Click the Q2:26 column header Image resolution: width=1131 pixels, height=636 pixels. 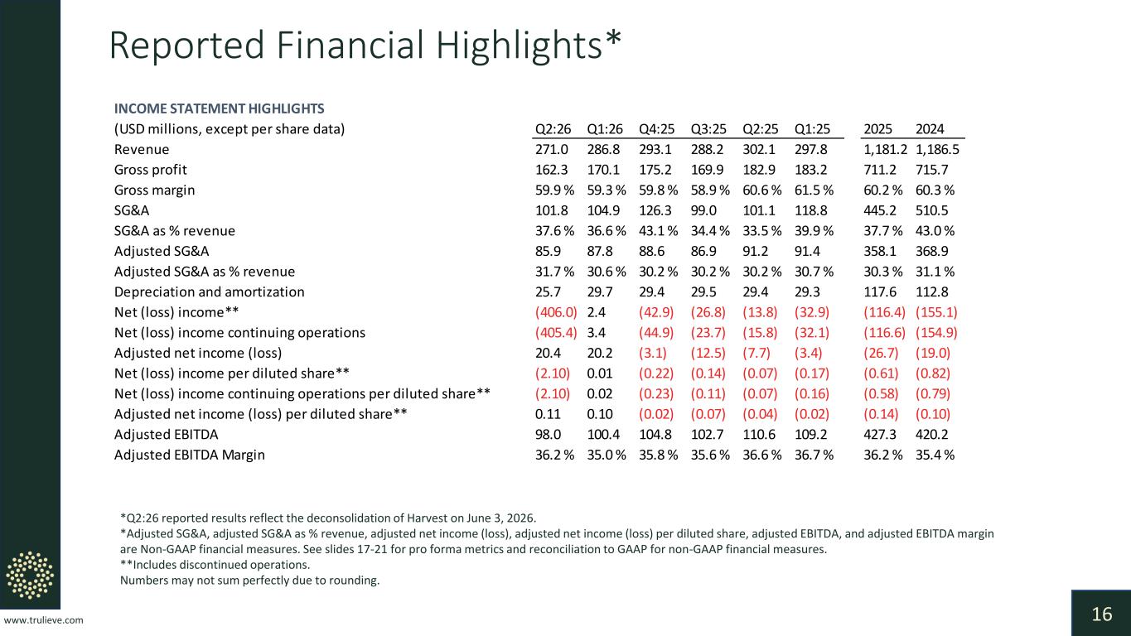tap(553, 129)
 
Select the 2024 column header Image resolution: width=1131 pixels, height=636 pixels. tap(930, 129)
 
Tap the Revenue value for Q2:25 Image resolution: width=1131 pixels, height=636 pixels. tap(759, 149)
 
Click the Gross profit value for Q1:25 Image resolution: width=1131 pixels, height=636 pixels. tap(811, 170)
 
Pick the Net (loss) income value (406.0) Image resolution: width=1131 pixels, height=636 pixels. tap(556, 312)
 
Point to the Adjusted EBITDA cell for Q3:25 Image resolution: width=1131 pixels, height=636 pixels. tap(707, 435)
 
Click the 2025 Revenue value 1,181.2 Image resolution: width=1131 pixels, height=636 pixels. tap(885, 149)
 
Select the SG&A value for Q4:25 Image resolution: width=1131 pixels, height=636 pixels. tap(655, 210)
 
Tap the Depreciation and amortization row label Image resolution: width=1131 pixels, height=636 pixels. tap(209, 292)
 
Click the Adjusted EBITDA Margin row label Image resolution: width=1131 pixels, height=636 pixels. tap(190, 455)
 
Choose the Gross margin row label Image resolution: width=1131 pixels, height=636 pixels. tap(154, 190)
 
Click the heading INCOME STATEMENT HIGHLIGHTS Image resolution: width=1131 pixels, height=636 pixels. tap(219, 108)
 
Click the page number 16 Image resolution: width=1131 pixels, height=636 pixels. tap(1102, 614)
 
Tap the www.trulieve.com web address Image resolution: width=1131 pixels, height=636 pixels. tap(43, 620)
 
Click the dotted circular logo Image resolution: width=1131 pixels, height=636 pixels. tap(30, 576)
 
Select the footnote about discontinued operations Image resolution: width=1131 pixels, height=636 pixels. tap(215, 565)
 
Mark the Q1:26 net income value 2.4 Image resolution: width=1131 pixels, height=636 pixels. tap(596, 312)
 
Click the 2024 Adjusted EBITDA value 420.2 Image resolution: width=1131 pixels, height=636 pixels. tap(931, 435)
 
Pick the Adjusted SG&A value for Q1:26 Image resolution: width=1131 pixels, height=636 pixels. tap(599, 252)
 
